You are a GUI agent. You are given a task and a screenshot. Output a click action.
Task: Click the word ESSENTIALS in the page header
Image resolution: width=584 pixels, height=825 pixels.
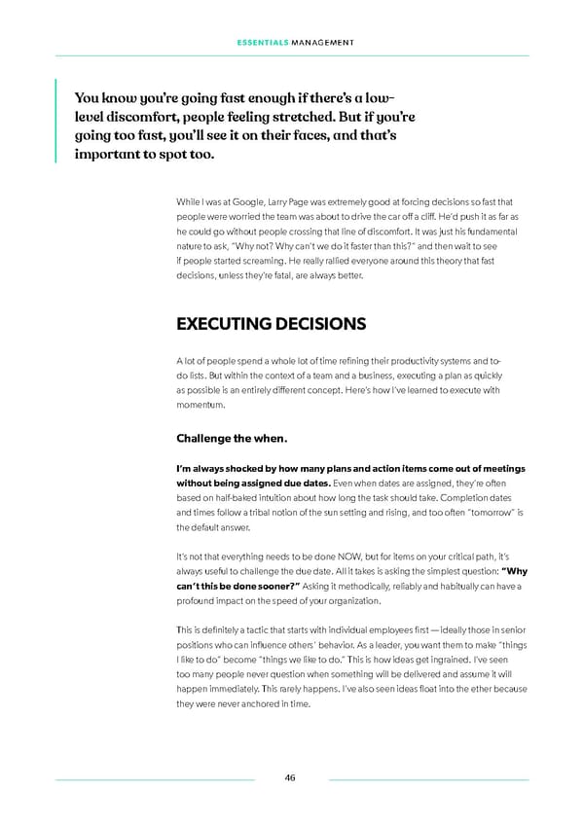coord(261,43)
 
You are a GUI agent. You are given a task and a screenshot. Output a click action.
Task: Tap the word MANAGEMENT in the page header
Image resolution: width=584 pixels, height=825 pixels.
coord(322,43)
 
